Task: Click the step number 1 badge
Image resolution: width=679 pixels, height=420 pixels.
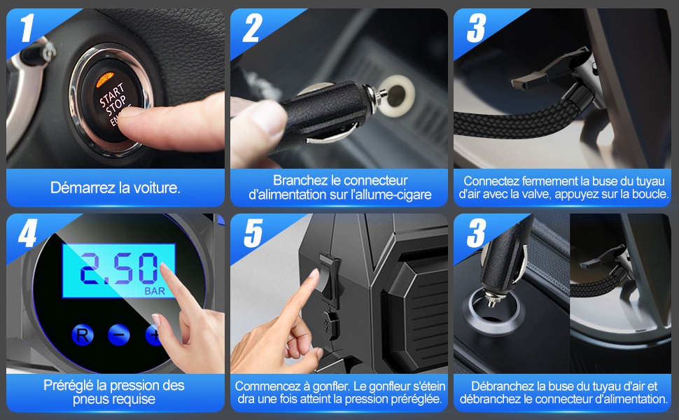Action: pos(27,28)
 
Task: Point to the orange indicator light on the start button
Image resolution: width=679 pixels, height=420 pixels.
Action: pos(105,79)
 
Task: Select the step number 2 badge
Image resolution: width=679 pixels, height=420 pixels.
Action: pos(253,28)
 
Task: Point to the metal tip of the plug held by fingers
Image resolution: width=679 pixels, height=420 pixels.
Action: pos(376,94)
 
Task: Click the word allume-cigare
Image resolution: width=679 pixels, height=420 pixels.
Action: pos(393,195)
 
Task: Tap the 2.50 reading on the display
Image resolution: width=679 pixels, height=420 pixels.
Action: pos(118,269)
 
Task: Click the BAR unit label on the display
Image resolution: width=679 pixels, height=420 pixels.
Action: pos(155,291)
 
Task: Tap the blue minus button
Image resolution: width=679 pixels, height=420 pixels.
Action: pos(118,335)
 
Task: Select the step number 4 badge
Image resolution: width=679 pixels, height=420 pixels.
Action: pos(27,233)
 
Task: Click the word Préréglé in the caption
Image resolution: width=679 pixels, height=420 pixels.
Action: pos(70,386)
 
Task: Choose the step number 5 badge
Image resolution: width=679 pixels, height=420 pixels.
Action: pos(253,233)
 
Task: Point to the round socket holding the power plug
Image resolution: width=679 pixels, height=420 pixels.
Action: pos(491,310)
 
